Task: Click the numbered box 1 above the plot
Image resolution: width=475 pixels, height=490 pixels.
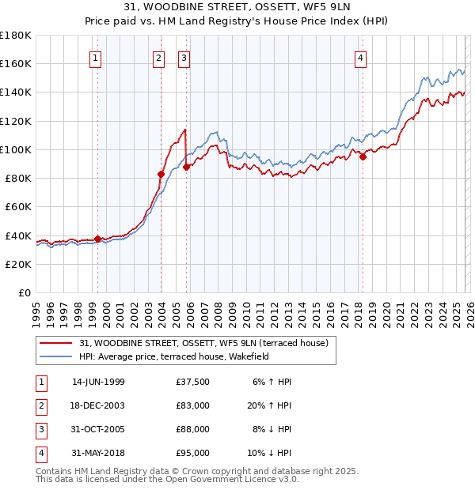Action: click(x=96, y=57)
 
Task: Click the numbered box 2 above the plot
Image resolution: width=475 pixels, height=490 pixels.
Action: click(x=159, y=57)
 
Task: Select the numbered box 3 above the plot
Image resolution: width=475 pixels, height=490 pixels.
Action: click(x=184, y=57)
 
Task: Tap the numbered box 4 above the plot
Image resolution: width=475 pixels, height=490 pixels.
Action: click(x=360, y=57)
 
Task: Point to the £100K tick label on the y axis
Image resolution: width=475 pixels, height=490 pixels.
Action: click(x=15, y=149)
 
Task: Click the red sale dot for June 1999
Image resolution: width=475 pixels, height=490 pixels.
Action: click(x=98, y=239)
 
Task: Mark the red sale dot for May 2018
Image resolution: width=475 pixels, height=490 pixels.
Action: click(x=363, y=156)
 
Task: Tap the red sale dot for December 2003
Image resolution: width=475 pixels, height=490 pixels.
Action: click(x=161, y=174)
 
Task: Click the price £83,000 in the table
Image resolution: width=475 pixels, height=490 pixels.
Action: click(x=193, y=405)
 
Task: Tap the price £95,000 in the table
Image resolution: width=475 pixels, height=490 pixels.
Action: click(x=193, y=453)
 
